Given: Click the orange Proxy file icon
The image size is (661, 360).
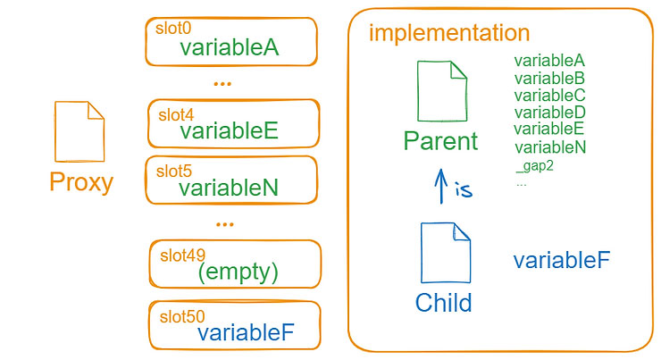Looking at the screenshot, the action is (79, 131).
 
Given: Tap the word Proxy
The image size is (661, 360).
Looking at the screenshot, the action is (81, 182).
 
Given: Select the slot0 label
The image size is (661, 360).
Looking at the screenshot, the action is (173, 29).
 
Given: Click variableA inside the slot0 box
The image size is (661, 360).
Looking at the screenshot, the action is (230, 47).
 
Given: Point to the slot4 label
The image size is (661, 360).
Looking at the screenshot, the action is (176, 114).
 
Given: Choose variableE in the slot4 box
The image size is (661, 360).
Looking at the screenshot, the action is (230, 130).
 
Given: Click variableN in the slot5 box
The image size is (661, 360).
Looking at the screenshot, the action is (229, 188).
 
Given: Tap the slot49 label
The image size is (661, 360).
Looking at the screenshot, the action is (182, 255).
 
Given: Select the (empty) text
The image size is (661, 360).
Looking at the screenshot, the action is (238, 272).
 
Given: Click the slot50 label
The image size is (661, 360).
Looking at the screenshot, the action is (182, 316).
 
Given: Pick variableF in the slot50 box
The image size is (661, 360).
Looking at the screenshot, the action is (246, 332).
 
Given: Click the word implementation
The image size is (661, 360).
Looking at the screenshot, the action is (449, 33).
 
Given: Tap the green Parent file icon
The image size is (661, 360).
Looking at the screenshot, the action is (442, 91).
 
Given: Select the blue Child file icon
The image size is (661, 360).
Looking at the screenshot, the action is (445, 253).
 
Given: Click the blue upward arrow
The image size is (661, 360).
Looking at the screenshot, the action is (441, 186).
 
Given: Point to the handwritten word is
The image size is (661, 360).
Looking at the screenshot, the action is (464, 189).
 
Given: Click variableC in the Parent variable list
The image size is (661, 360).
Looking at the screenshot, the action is (549, 96).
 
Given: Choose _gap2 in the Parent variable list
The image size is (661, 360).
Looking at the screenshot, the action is (534, 166).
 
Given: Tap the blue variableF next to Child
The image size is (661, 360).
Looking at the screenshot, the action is (562, 260).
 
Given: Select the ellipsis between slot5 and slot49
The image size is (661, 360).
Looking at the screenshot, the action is (225, 225).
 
